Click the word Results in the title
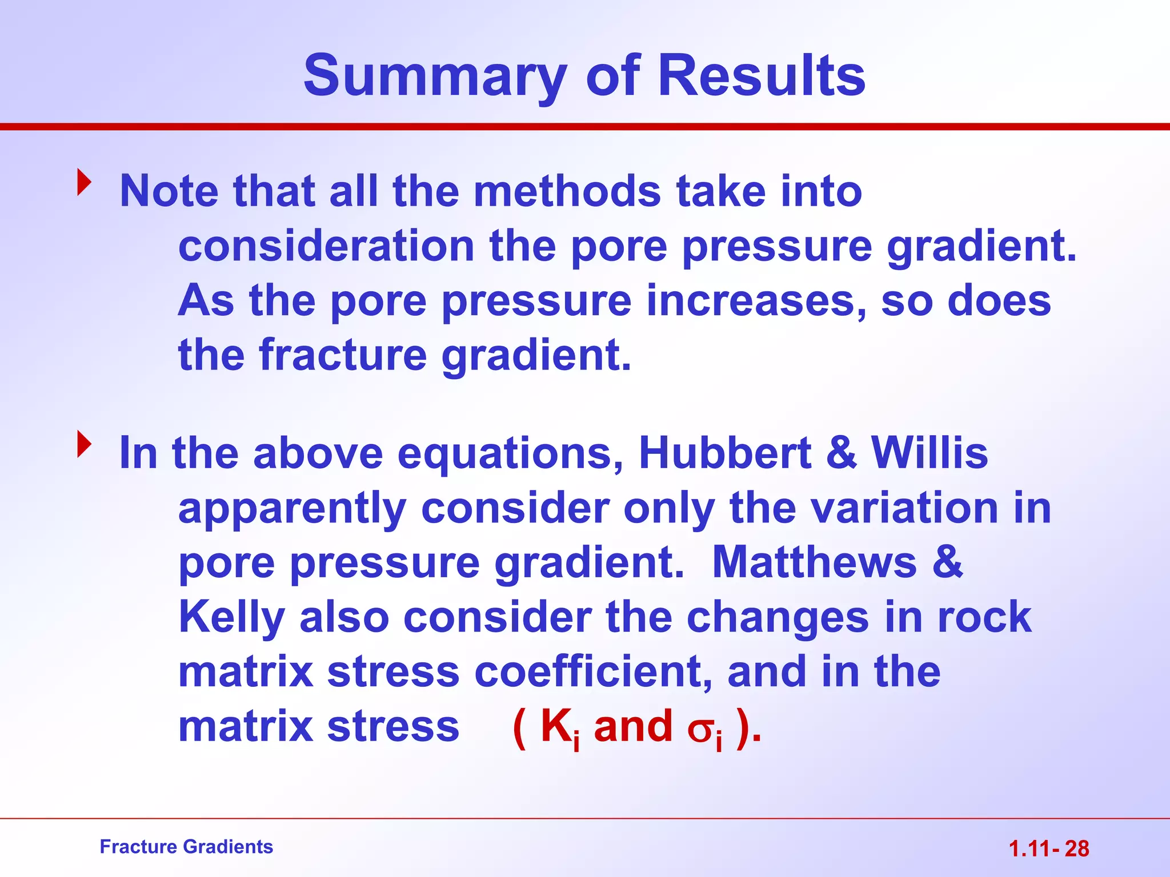tap(762, 76)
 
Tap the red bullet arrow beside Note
tap(85, 182)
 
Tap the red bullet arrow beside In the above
tap(85, 444)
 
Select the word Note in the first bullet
tap(169, 191)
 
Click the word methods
tap(567, 191)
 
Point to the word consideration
tap(326, 247)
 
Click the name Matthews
tap(814, 563)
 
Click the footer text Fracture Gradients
tap(186, 847)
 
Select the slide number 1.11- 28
tap(1049, 849)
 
